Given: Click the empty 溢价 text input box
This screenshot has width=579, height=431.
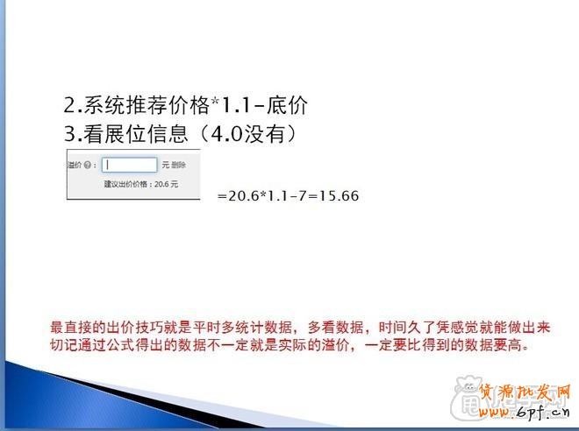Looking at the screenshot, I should pos(130,164).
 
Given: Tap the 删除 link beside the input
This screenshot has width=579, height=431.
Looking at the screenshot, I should pos(178,165).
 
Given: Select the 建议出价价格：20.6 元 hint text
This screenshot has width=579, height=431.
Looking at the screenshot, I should pos(140,185).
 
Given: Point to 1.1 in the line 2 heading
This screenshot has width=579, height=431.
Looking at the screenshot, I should pos(234,106).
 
